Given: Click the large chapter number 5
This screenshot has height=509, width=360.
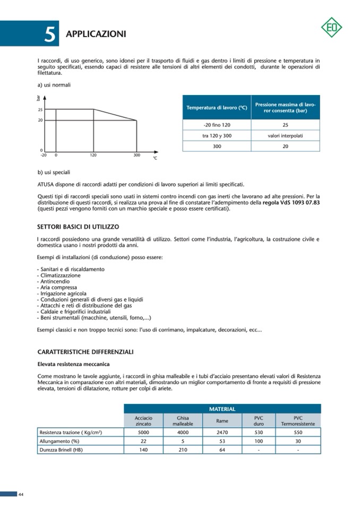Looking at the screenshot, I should tap(49, 34).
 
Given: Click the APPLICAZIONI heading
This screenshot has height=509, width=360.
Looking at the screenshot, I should tap(96, 34).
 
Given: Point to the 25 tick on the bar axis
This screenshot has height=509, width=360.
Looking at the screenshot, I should tap(40, 110).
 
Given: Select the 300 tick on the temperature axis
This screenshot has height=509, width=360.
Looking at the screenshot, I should tap(136, 155).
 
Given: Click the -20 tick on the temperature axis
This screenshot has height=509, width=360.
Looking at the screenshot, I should tap(44, 155).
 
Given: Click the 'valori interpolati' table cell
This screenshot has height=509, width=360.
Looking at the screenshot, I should tap(285, 135).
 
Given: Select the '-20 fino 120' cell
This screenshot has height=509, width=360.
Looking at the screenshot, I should tap(217, 125).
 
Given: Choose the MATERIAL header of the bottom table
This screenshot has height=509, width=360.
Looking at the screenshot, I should tap(222, 409).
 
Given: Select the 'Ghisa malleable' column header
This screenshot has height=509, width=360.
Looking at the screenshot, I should tap(183, 421).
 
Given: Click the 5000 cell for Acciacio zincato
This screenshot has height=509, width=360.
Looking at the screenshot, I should tap(143, 433).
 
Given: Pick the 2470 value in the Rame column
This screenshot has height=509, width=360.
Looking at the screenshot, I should tap(222, 433).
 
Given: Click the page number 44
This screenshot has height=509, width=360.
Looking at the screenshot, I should tap(21, 494).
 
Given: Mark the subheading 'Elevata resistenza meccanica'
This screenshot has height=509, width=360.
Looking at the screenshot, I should tap(73, 364).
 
